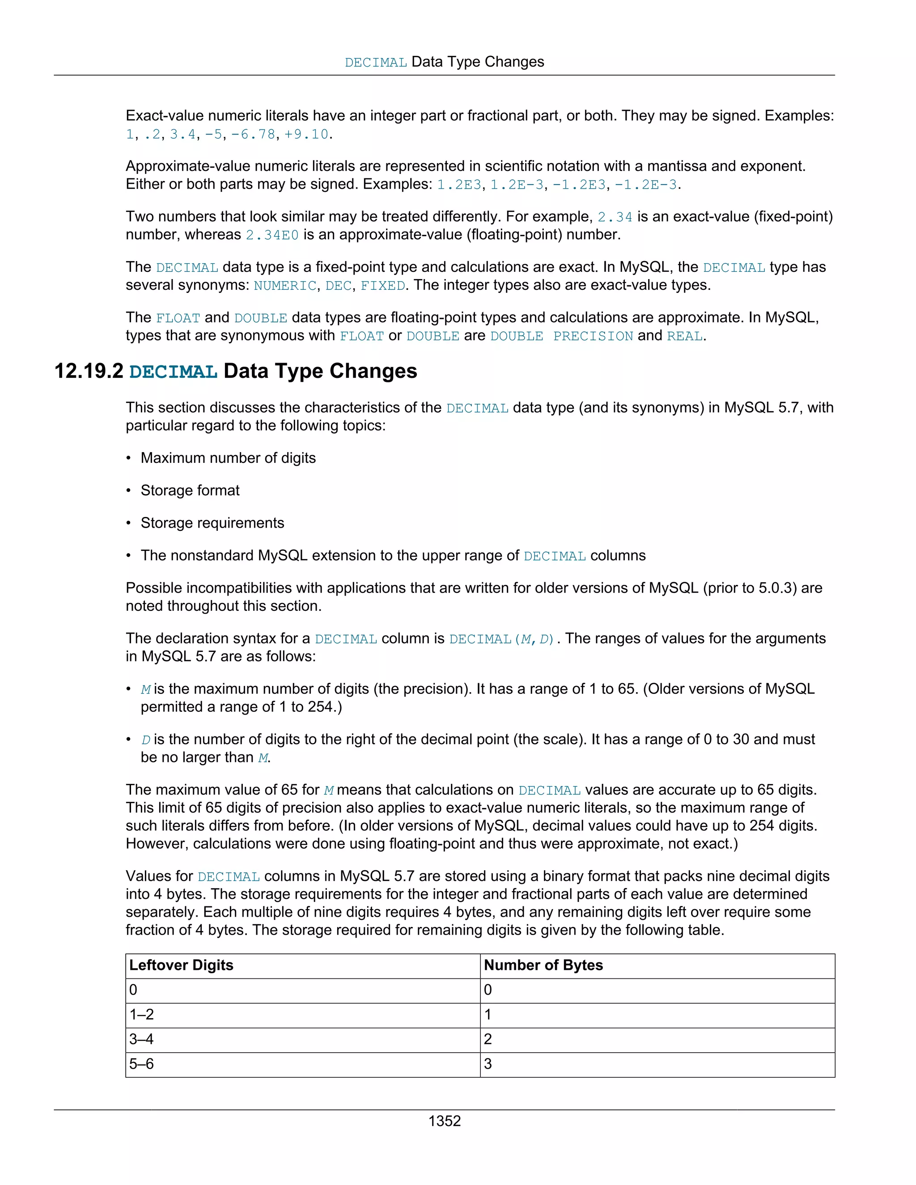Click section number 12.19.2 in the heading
click(89, 371)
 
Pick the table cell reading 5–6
click(142, 1063)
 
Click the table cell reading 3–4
click(142, 1039)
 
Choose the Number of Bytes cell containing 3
click(488, 1063)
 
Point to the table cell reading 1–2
click(142, 1014)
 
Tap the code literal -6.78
click(254, 134)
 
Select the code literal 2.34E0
click(272, 235)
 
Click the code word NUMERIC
click(285, 285)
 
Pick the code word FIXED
click(382, 285)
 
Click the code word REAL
click(684, 336)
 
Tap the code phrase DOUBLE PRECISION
click(561, 336)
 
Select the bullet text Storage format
click(190, 491)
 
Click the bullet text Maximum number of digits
click(228, 458)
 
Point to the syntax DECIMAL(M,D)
click(502, 639)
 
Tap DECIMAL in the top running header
click(376, 63)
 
